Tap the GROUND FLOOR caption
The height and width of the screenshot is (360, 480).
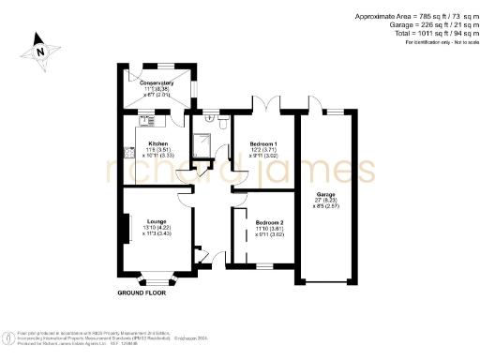142,293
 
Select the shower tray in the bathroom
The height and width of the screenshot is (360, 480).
202,141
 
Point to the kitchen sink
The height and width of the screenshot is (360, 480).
147,119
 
